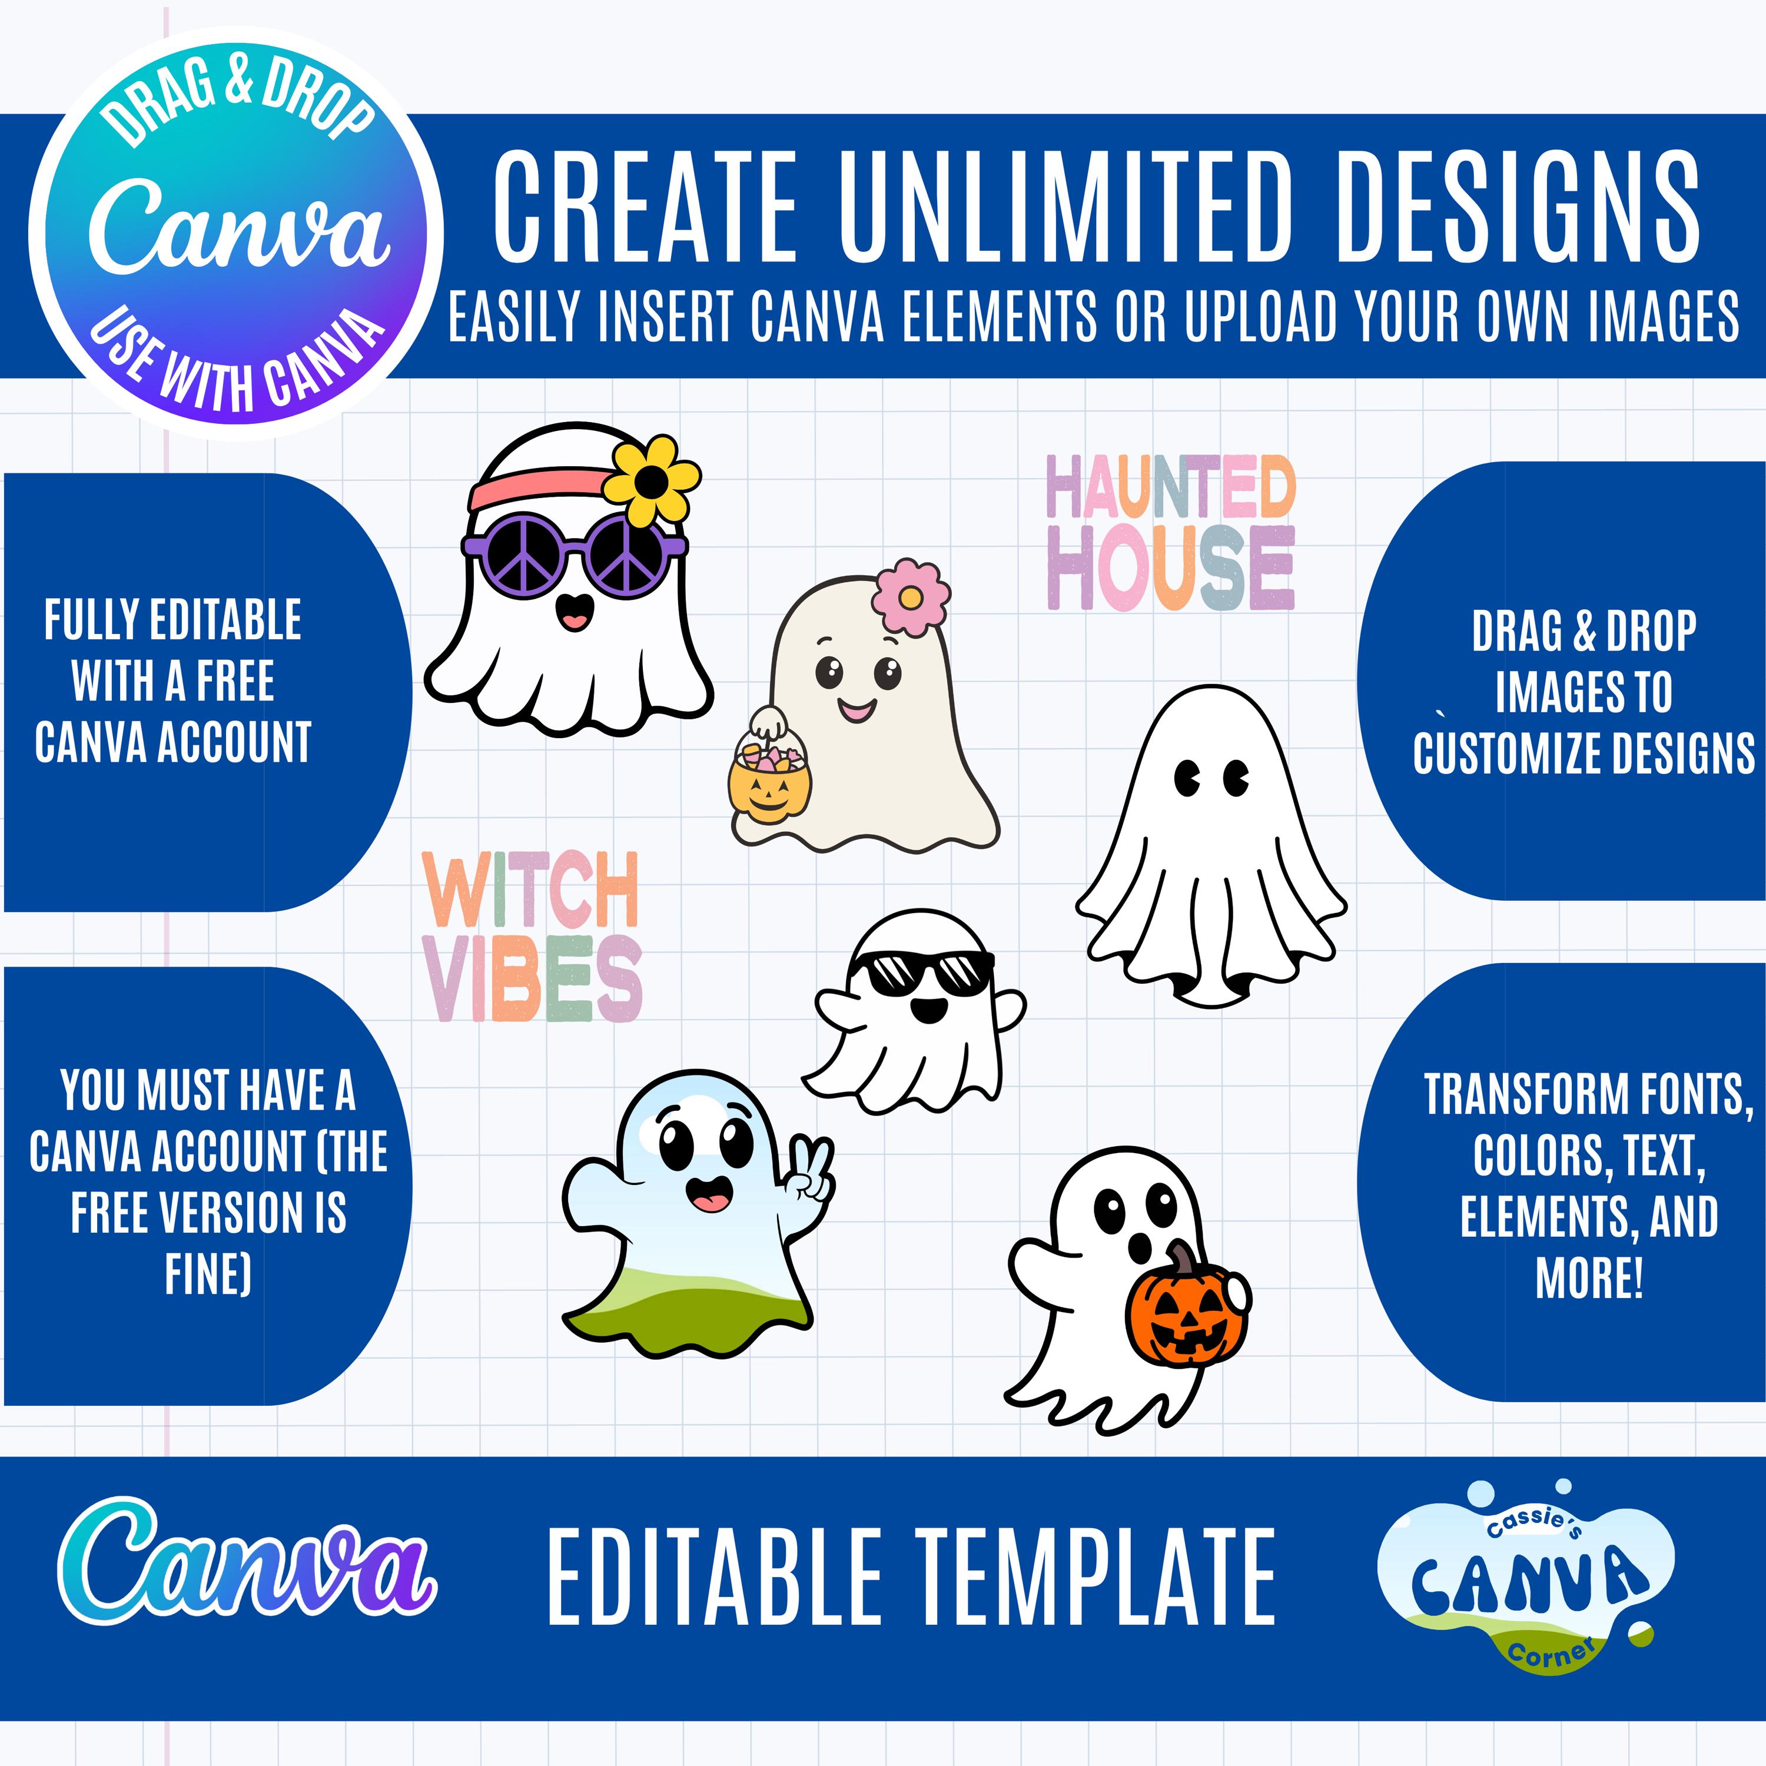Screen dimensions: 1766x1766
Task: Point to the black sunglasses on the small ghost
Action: coord(921,974)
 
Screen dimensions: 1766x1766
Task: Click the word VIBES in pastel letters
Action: coord(533,978)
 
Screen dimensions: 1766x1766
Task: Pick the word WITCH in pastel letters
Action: coord(530,889)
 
